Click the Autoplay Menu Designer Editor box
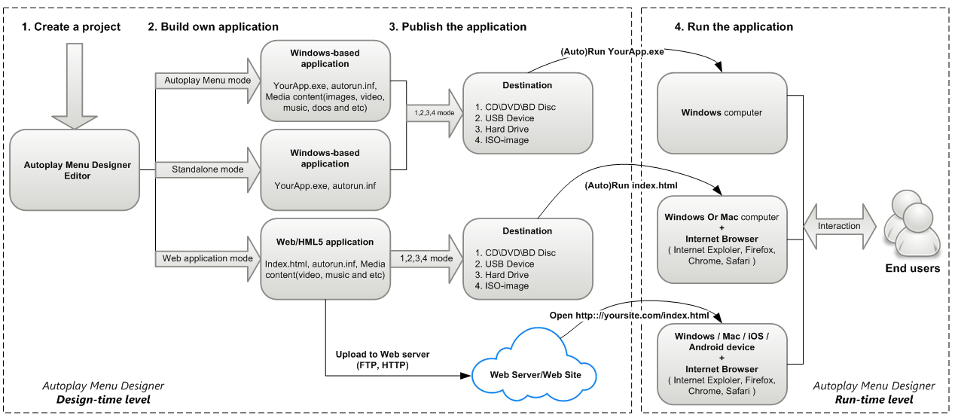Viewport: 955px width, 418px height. coord(75,170)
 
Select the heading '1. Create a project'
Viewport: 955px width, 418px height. coord(72,26)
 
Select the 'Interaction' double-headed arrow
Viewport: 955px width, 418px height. coord(838,226)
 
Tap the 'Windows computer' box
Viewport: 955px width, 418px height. coord(722,113)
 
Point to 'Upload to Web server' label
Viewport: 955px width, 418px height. coord(383,354)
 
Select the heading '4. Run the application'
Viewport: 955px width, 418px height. coord(734,26)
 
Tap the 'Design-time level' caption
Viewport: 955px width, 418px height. coord(103,399)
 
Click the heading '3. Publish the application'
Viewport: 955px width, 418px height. coord(458,26)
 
